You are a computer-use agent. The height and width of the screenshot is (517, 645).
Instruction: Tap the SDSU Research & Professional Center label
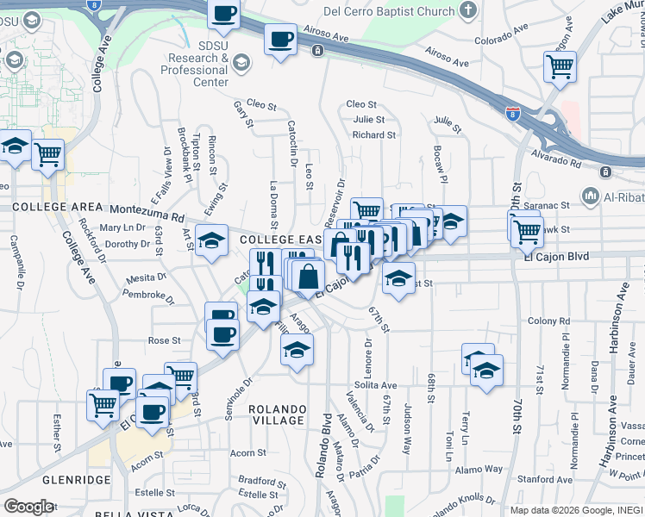pos(197,63)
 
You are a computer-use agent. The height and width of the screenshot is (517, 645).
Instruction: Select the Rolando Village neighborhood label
pos(277,414)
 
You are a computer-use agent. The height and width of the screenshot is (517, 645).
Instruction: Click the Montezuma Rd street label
pos(147,212)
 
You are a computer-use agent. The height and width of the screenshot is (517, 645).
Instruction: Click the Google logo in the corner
pos(28,507)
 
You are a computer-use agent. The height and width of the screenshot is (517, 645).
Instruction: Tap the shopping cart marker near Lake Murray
pos(560,67)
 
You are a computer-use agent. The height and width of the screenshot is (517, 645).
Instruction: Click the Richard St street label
pos(373,135)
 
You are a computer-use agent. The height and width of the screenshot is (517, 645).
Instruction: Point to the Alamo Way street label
pos(481,469)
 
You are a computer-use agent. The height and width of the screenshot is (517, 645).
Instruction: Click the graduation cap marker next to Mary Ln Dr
pos(210,241)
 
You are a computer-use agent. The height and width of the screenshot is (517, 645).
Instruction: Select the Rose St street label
pos(164,340)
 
